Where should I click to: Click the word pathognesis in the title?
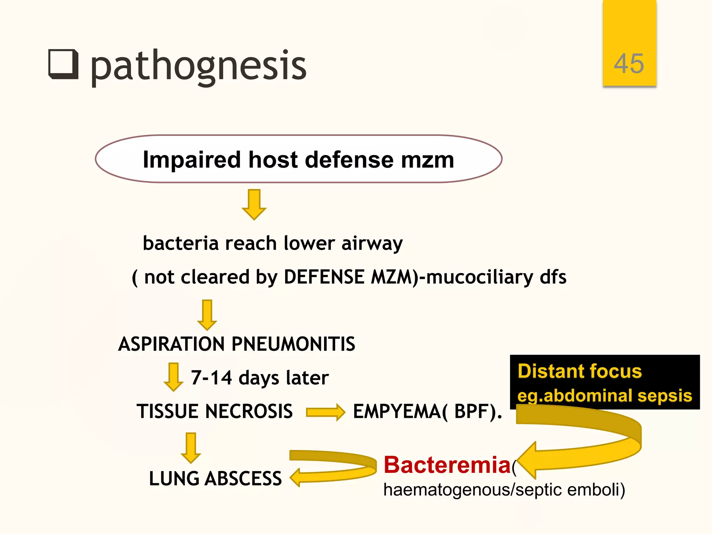[198, 66]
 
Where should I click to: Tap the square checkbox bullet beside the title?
[63, 64]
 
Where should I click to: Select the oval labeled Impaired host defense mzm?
[298, 159]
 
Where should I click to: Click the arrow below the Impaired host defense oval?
[254, 205]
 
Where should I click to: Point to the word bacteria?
[180, 243]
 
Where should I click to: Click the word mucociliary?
[480, 277]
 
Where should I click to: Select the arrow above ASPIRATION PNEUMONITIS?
[207, 315]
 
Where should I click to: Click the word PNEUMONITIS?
[293, 344]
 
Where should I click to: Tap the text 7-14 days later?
[259, 378]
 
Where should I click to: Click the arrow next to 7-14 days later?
[173, 377]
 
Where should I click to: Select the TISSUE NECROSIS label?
[215, 411]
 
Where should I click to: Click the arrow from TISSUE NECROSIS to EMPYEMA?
[325, 412]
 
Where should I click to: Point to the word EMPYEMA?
[397, 412]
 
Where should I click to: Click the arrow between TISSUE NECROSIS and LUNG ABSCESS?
[191, 448]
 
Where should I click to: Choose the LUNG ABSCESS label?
[215, 479]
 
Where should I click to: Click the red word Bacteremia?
[447, 465]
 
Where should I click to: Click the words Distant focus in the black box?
[580, 371]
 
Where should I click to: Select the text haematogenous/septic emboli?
[504, 490]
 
